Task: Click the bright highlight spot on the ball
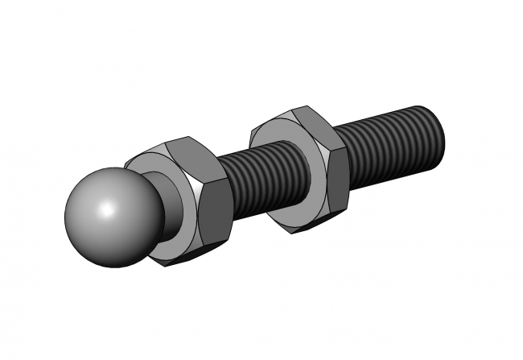pyautogui.click(x=104, y=210)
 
